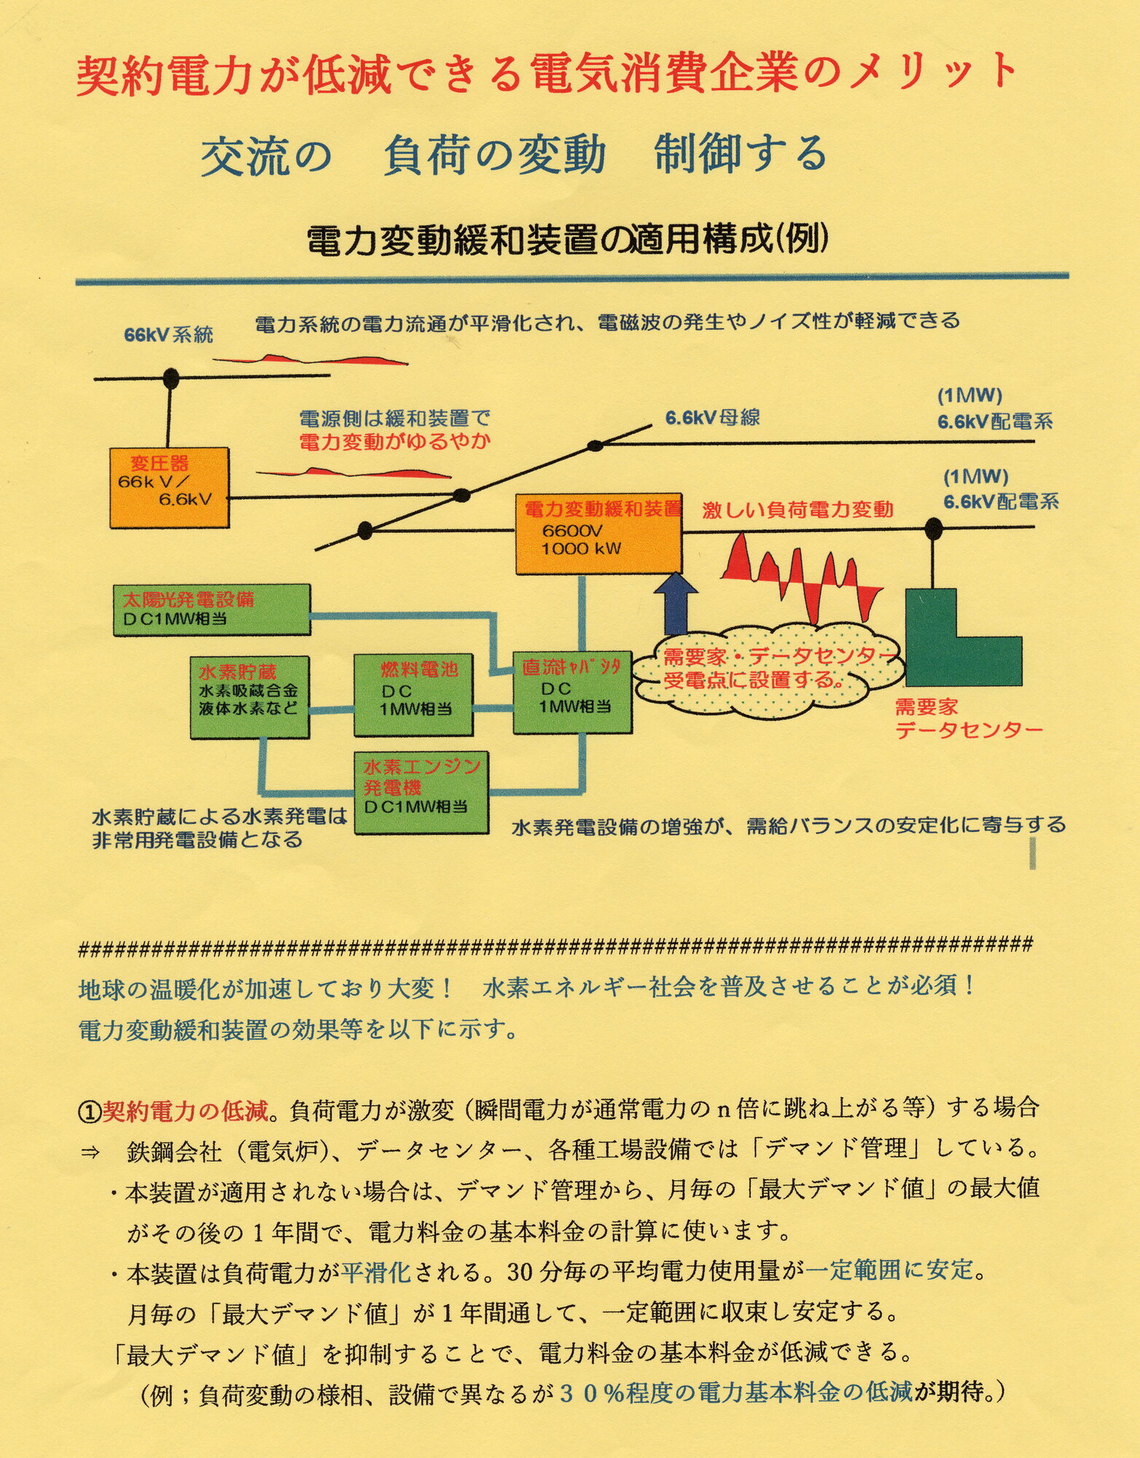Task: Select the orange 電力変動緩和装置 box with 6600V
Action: coord(598,534)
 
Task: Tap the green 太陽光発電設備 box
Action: coord(212,609)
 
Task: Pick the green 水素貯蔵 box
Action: coord(249,698)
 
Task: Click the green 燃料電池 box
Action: coord(413,695)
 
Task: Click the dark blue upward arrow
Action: coord(676,604)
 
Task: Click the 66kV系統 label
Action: coord(168,335)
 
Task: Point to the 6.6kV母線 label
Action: coord(712,417)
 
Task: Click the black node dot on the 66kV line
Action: coord(171,378)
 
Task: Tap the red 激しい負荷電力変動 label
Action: coord(797,510)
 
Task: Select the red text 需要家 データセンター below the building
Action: coord(968,717)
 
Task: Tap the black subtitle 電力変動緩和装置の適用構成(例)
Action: coord(568,240)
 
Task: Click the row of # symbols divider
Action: coord(555,946)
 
